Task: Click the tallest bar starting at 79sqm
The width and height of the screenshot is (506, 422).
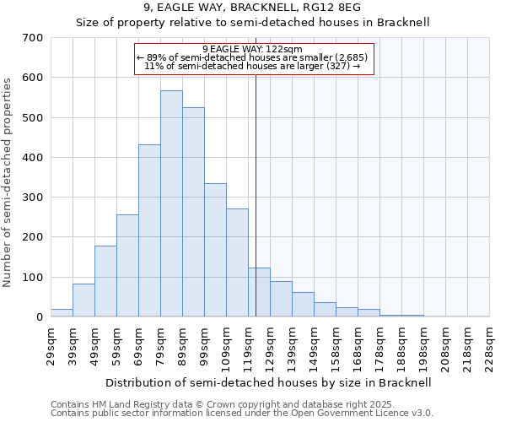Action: (x=171, y=203)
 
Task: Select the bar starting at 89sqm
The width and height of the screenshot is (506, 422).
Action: (x=193, y=212)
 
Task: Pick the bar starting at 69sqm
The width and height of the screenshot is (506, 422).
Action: (x=149, y=230)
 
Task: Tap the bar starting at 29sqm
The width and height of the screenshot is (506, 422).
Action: (x=62, y=312)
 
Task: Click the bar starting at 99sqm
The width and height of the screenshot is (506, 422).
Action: (x=215, y=250)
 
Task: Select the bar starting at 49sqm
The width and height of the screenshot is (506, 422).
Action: (x=105, y=281)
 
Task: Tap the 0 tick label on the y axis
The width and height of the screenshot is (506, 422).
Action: (x=39, y=317)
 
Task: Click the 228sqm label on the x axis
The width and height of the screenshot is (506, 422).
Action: (x=489, y=346)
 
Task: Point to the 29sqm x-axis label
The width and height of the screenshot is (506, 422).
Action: (x=51, y=346)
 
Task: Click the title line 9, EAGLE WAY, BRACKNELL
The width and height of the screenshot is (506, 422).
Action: (x=253, y=8)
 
